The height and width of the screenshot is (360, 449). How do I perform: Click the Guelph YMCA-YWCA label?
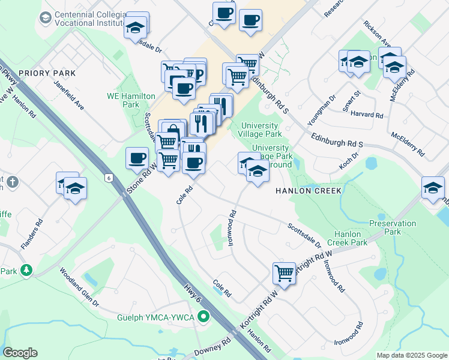pos(158,316)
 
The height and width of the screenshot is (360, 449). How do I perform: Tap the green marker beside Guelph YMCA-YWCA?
pos(204,316)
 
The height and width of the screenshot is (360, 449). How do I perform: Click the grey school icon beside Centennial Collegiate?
pos(45,17)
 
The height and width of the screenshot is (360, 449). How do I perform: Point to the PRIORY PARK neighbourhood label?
pos(47,73)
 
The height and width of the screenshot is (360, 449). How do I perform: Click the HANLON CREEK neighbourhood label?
pos(308,191)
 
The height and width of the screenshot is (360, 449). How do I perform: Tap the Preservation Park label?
pos(393,227)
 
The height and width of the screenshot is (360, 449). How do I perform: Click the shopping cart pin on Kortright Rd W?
pos(285,274)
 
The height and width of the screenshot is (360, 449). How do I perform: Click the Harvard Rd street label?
pos(367,115)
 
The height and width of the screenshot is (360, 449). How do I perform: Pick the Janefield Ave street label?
pos(69,95)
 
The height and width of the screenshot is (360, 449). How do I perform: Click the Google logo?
pos(20,353)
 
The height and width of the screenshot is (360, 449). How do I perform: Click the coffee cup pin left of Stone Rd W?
pos(137,159)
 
